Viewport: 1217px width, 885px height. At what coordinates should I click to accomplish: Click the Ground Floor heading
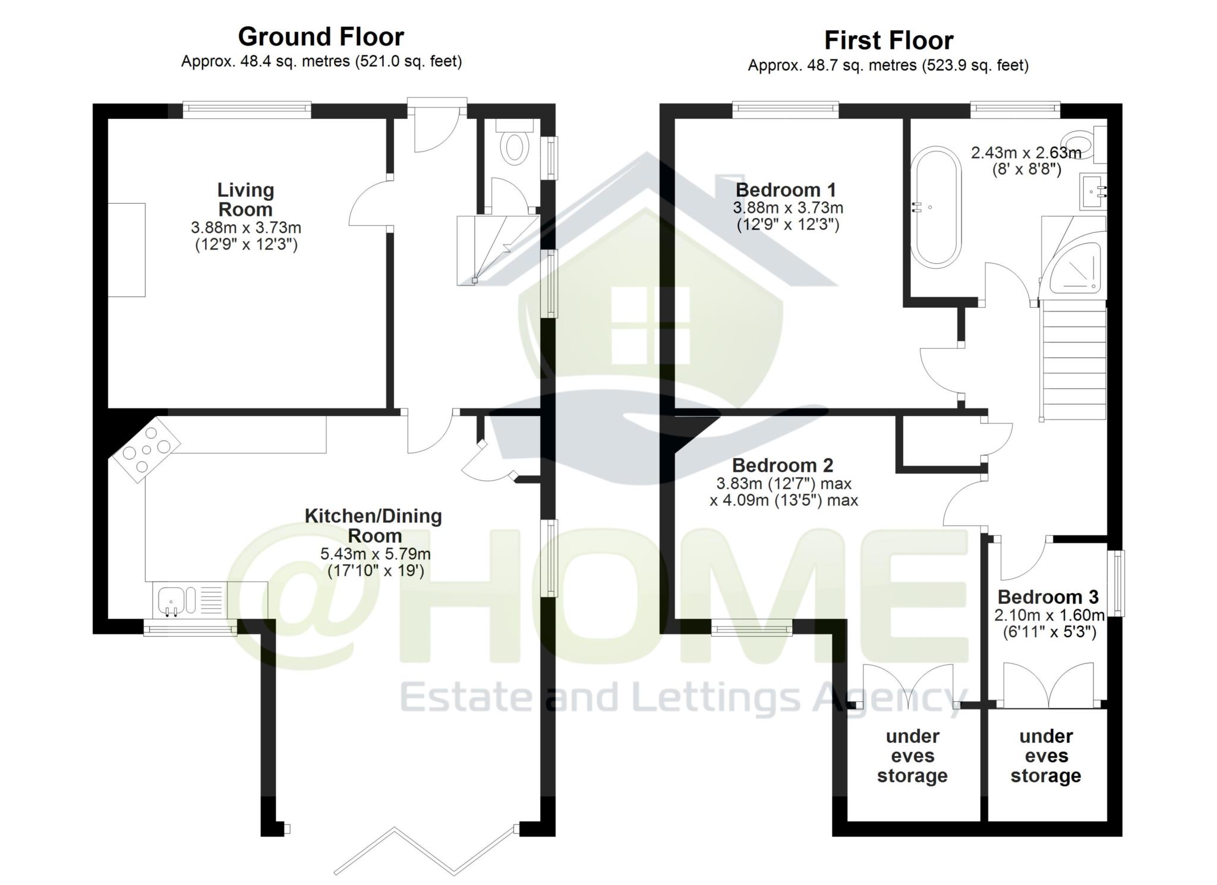pyautogui.click(x=321, y=37)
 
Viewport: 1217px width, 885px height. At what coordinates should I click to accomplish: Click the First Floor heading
pyautogui.click(x=888, y=41)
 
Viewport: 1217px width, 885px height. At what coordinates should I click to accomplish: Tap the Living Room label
pyautogui.click(x=245, y=200)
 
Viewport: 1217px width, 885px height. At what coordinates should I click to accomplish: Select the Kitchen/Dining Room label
pyautogui.click(x=373, y=525)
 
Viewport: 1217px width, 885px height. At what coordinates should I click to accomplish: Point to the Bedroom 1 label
pyautogui.click(x=786, y=190)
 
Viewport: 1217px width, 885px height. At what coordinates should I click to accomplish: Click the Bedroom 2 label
pyautogui.click(x=782, y=465)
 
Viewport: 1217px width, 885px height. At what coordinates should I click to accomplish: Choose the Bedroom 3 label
pyautogui.click(x=1048, y=597)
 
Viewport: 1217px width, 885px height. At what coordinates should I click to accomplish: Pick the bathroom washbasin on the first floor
pyautogui.click(x=1092, y=192)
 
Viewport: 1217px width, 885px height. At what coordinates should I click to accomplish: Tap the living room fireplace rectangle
pyautogui.click(x=127, y=250)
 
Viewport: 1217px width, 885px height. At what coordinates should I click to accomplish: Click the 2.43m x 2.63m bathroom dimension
pyautogui.click(x=1026, y=153)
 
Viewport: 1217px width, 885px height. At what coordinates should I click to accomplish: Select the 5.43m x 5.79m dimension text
pyautogui.click(x=375, y=554)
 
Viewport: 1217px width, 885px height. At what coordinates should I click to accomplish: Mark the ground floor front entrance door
pyautogui.click(x=437, y=125)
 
